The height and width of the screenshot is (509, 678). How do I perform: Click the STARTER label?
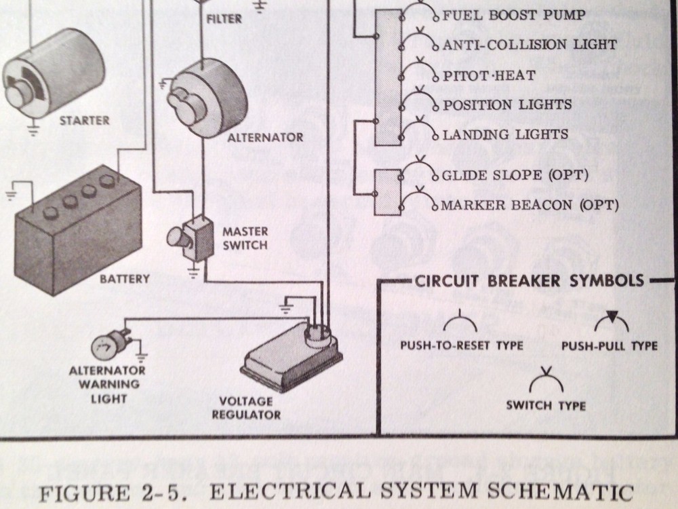84,120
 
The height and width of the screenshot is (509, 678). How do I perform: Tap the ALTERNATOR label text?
266,138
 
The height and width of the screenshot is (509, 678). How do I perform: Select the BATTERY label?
125,279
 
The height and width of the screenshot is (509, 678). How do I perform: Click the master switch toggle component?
191,238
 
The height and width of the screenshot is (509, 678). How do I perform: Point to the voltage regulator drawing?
291,357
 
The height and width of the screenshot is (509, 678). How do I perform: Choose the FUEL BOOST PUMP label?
514,15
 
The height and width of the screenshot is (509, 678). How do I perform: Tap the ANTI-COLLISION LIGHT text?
530,45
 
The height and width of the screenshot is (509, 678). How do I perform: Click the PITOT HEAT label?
489,76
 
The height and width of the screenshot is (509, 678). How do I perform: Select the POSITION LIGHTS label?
507,105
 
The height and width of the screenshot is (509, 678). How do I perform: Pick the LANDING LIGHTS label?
505,134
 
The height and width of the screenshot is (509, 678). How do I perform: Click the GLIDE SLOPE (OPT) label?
515,175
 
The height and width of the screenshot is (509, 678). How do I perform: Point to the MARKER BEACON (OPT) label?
530,205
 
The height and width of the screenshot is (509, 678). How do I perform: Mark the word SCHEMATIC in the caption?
561,491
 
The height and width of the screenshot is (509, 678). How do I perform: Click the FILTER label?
224,19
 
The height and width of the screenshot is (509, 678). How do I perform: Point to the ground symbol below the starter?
33,130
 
